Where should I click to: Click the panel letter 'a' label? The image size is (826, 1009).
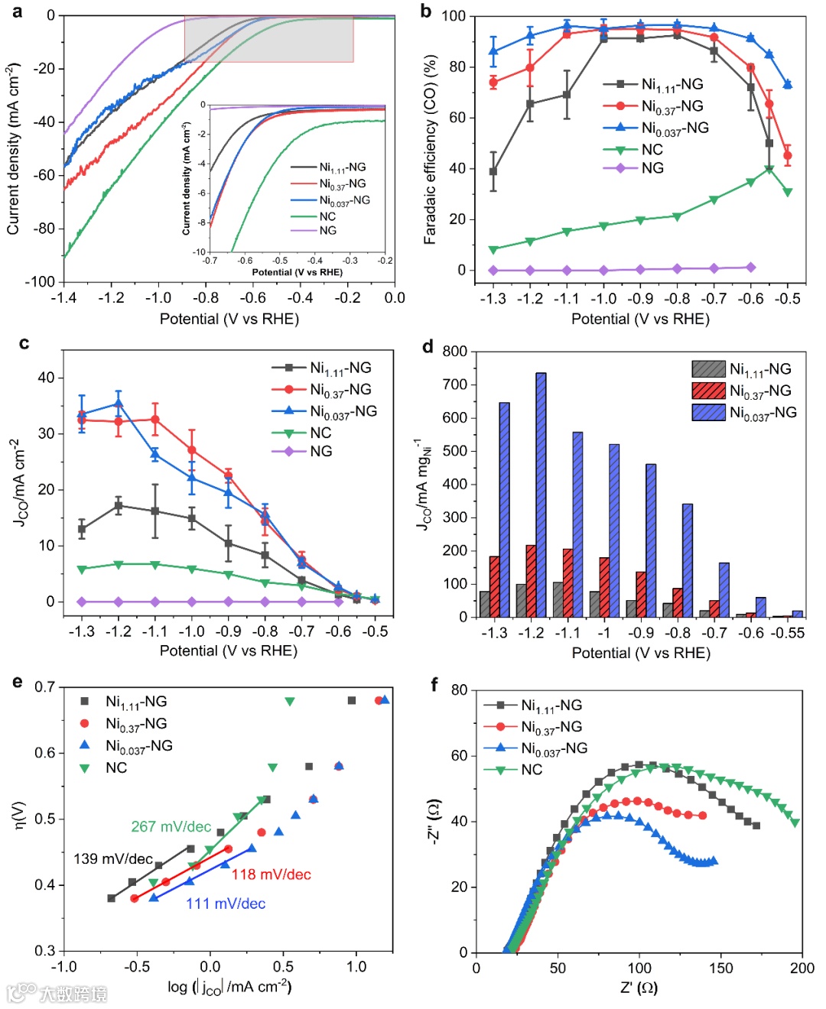coord(18,11)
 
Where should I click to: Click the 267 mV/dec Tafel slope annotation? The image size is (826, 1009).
coord(171,826)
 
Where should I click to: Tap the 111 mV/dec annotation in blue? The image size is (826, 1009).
coord(226,904)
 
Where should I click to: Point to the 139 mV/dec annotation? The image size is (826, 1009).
coord(113,858)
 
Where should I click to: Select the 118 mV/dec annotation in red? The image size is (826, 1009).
coord(272,874)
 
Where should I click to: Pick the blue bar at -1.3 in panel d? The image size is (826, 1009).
coord(504,509)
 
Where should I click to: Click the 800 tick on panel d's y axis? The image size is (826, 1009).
coord(455,352)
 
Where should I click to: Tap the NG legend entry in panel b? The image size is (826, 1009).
coord(652,168)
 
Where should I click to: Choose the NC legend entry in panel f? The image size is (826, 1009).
coord(531,770)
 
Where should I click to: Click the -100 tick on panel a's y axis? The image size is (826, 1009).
coord(40,282)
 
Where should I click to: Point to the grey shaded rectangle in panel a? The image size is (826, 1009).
coord(268,39)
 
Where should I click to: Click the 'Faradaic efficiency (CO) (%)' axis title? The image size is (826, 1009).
coord(430,150)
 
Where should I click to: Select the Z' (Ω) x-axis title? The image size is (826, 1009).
coord(639,988)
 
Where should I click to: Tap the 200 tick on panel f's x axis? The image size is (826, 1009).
coord(802,968)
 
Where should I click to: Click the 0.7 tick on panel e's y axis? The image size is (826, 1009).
coord(44,687)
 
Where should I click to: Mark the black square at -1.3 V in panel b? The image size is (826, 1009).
coord(493,172)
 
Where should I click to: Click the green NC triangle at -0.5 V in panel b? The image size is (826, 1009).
coord(788,192)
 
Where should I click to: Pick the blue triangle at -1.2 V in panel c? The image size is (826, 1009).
coord(119,403)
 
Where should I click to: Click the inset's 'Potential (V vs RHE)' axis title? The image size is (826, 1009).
coord(298,272)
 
